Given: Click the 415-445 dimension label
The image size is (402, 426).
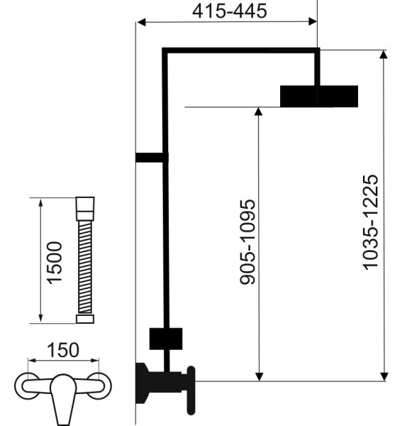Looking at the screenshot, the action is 230,11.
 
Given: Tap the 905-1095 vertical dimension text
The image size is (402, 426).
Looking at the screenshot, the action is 247,242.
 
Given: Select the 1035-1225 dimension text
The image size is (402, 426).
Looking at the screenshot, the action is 370,222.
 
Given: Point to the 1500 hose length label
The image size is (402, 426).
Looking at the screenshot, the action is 55,263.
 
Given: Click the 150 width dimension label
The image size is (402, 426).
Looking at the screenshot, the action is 63,350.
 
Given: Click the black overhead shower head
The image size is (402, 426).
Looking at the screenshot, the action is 319,96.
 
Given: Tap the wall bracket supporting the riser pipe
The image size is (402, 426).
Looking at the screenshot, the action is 152,158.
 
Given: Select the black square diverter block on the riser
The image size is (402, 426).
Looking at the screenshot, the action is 166,339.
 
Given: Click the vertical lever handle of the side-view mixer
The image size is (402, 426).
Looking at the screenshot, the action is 191,390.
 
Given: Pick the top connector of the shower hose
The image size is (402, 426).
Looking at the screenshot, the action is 85,209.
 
